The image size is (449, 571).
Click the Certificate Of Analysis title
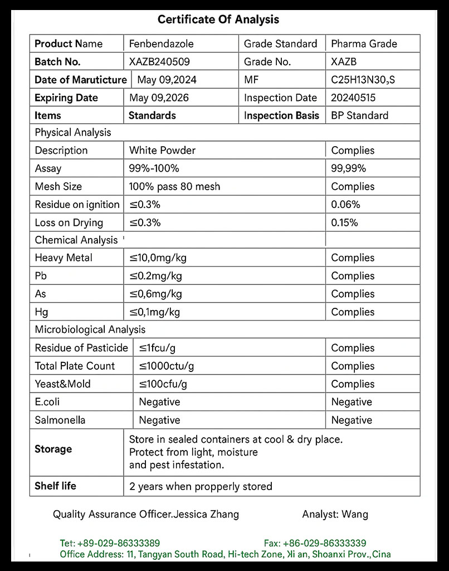pos(218,20)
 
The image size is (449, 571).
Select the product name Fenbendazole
pos(161,43)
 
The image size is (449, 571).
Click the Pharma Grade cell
pos(364,43)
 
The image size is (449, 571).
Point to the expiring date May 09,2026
pos(159,98)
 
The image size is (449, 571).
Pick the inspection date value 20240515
pos(353,98)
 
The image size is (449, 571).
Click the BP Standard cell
pos(359,115)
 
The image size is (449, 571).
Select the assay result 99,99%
pos(348,168)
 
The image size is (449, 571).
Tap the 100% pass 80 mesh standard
pos(174,186)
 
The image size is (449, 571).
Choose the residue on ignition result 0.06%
pos(345,205)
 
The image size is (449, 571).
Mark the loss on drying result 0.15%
pos(344,222)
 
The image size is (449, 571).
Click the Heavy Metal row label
pos(64,258)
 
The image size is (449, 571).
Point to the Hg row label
pos(41,312)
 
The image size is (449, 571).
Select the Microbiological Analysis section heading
pos(90,330)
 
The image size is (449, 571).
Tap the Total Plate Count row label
pos(75,366)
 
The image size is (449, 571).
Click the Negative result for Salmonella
pos(352,420)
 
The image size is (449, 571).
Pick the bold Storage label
pos(53,449)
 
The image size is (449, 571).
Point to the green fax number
pos(315,543)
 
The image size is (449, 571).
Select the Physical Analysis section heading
pos(72,132)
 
